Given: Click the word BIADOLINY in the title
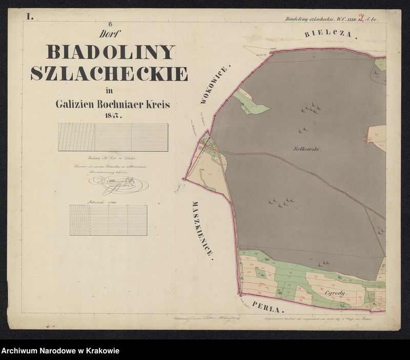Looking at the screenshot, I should [110, 52].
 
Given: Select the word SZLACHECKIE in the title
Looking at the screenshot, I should [109, 74].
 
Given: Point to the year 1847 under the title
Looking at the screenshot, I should [111, 116].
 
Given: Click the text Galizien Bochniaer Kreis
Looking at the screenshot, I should [112, 104].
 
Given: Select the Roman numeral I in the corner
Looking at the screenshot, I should [30, 17].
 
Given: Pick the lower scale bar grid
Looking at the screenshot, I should [108, 220].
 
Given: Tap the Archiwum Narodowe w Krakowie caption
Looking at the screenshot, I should [60, 351].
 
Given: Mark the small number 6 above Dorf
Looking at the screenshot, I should [110, 27].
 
